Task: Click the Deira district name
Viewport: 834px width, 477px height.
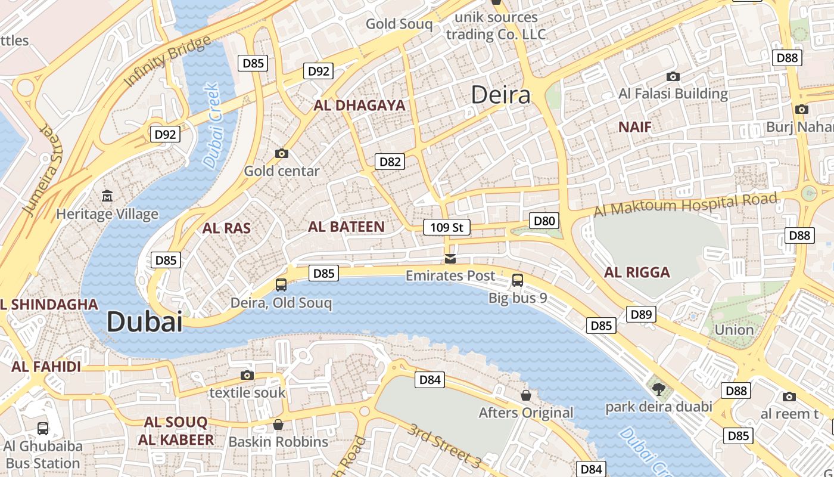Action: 500,95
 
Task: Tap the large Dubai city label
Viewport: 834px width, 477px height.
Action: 144,322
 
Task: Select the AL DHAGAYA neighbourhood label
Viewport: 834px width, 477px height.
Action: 359,106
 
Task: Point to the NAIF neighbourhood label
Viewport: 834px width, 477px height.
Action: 634,127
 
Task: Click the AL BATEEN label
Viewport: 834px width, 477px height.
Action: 346,227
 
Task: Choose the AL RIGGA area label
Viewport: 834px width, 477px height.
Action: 637,272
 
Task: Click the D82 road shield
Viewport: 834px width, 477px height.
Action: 390,162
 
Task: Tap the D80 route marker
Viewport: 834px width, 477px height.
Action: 544,221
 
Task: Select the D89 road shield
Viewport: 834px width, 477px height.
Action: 641,314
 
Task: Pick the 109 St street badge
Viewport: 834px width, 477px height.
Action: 446,227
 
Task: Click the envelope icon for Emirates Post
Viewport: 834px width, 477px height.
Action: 450,258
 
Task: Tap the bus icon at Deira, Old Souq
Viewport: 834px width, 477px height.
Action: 281,285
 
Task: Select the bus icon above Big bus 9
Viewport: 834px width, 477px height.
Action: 518,280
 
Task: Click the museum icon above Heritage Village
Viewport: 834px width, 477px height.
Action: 107,196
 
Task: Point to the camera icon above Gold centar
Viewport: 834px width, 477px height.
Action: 282,153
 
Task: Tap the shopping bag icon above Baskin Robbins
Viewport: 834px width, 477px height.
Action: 278,425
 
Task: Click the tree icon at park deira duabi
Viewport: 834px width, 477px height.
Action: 659,389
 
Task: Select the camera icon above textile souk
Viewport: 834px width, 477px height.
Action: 247,375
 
